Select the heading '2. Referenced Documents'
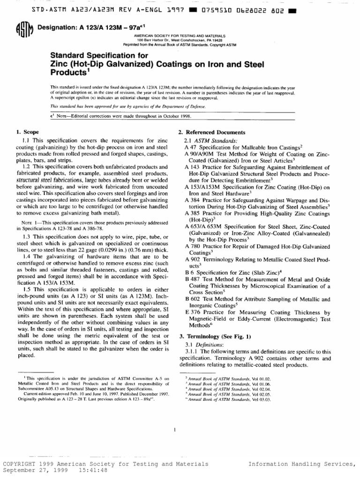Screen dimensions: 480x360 click(x=212, y=133)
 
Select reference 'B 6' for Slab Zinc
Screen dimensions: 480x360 click(x=189, y=272)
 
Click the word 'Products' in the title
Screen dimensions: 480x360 click(x=69, y=74)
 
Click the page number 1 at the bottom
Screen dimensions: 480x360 click(x=174, y=429)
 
